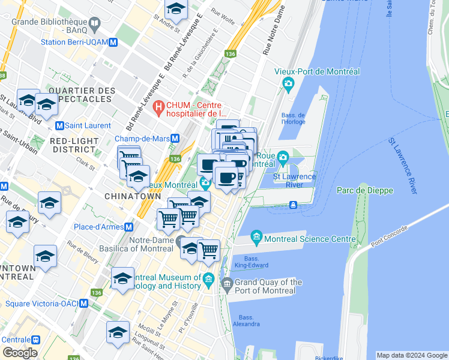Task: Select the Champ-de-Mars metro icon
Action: click(174, 138)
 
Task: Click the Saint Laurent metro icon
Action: click(59, 125)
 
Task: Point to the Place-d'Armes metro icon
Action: click(128, 227)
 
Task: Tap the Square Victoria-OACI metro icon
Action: click(84, 304)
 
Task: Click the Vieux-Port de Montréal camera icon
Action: click(288, 83)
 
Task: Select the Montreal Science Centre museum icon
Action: click(256, 238)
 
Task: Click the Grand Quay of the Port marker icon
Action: click(226, 283)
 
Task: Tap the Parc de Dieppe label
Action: click(365, 190)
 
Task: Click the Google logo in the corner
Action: click(20, 352)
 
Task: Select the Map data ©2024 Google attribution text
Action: click(411, 355)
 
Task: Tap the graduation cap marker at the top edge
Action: click(176, 8)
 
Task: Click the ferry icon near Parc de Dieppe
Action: click(293, 205)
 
